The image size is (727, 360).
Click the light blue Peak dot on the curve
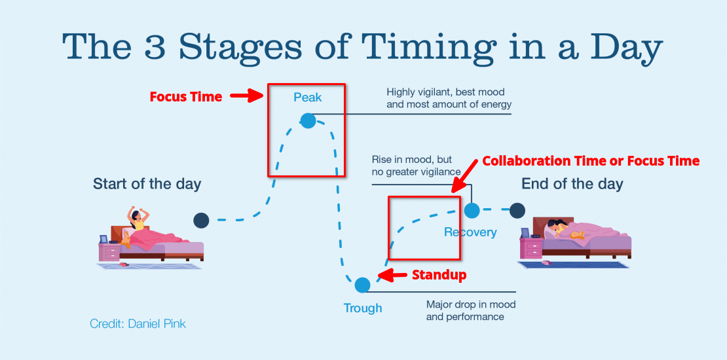(x=308, y=120)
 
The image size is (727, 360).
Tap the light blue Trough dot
(x=362, y=285)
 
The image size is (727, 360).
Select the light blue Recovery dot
(x=472, y=210)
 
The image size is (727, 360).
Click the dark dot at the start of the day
(x=201, y=221)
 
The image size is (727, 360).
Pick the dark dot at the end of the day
(x=517, y=210)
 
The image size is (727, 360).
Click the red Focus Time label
(x=186, y=97)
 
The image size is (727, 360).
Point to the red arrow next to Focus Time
(x=247, y=97)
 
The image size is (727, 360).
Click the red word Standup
(x=439, y=275)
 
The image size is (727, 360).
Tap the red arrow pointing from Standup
(x=394, y=276)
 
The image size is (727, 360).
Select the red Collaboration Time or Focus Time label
(x=591, y=161)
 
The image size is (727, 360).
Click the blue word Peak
(x=308, y=98)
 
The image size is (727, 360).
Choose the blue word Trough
(x=363, y=308)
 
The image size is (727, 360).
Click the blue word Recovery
(x=470, y=232)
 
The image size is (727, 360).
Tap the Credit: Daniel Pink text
(x=138, y=323)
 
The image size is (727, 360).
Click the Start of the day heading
(x=147, y=184)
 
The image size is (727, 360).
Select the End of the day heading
(x=572, y=184)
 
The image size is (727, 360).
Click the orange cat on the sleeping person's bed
(x=576, y=234)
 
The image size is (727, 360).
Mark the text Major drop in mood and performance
(x=470, y=310)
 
